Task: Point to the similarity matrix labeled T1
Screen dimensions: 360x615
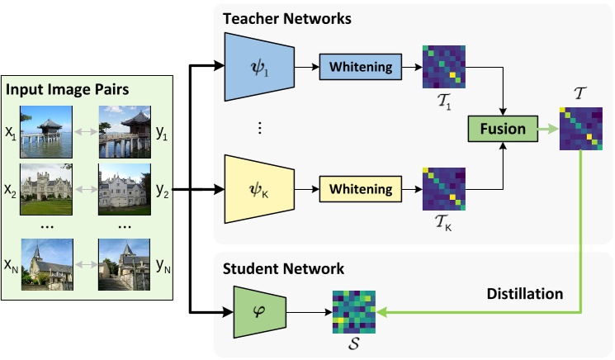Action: pyautogui.click(x=444, y=66)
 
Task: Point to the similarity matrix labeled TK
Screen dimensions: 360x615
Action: pyautogui.click(x=444, y=190)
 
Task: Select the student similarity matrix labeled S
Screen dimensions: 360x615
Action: pyautogui.click(x=354, y=312)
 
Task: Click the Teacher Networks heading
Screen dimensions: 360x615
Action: pyautogui.click(x=286, y=17)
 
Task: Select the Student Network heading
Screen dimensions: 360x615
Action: pyautogui.click(x=282, y=269)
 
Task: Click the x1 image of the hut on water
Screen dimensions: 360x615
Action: pyautogui.click(x=46, y=130)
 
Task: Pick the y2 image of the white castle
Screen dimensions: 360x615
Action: pyautogui.click(x=125, y=194)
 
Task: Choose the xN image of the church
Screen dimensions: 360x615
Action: pyautogui.click(x=46, y=265)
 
